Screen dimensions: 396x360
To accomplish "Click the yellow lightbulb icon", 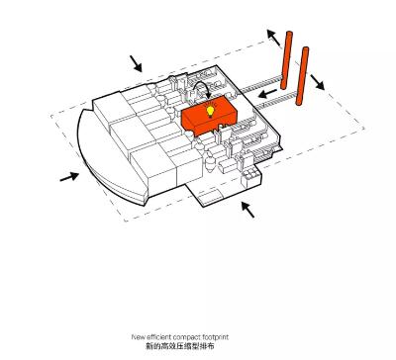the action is pos(210,111).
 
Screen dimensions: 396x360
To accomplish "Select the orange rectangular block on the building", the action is pos(209,117).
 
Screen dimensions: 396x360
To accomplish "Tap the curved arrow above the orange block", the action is pos(201,88).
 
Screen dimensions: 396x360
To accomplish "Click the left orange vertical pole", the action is pos(286,60).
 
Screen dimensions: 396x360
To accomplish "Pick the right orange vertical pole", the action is pos(302,76).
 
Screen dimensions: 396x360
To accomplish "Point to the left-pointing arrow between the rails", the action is pos(267,93).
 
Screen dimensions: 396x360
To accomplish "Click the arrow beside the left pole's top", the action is pos(273,38).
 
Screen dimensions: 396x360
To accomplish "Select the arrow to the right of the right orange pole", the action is pos(317,82).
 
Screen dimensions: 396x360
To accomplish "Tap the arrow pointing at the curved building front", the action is pos(69,177).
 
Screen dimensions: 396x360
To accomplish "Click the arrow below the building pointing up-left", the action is pos(247,210).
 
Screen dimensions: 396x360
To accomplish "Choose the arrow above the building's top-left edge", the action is pos(136,63).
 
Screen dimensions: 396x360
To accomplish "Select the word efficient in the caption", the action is pos(158,337).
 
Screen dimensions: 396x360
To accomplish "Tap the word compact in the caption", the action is pos(186,337).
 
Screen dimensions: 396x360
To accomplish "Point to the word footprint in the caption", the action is pos(215,337).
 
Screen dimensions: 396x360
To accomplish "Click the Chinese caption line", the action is pos(180,346).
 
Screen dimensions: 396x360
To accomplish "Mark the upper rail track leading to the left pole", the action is pos(259,84).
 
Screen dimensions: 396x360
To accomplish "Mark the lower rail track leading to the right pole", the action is pos(275,101).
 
